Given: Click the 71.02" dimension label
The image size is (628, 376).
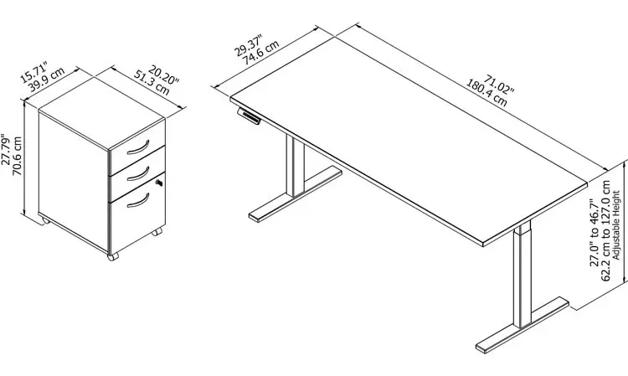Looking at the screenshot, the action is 499,84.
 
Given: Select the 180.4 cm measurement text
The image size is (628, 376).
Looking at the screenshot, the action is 486,93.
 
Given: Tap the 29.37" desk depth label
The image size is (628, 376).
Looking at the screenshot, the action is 248,46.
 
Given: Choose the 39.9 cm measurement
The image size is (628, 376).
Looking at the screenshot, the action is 46,80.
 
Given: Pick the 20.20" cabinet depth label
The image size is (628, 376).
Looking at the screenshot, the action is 163,75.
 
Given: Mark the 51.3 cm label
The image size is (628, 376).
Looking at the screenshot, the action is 152,83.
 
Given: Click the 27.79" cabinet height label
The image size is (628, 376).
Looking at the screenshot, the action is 6,149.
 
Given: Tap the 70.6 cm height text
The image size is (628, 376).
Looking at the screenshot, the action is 18,156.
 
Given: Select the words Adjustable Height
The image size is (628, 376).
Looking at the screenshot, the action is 616,225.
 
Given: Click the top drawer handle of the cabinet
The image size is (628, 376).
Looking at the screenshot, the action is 138,147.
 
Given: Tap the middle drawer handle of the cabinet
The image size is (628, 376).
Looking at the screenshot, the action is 138,174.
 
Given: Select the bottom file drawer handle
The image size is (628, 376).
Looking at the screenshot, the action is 138,201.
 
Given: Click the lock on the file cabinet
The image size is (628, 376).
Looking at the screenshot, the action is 159,183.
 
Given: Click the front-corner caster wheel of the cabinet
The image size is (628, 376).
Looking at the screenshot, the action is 113,256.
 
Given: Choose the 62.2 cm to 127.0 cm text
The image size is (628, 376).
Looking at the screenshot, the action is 605,231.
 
